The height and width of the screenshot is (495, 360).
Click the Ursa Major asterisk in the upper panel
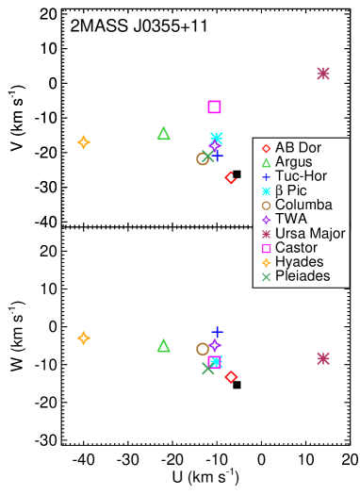[323, 74]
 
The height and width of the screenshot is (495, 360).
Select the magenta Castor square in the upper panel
[214, 107]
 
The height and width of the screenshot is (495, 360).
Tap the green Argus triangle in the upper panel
[163, 133]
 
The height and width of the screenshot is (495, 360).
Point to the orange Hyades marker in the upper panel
[84, 142]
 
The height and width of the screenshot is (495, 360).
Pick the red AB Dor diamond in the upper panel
[231, 177]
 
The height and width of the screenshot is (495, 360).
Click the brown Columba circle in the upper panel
[202, 158]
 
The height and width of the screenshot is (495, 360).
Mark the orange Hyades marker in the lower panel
[84, 338]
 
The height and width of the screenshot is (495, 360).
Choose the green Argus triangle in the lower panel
[163, 346]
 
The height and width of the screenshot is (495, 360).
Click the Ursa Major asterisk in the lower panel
[323, 358]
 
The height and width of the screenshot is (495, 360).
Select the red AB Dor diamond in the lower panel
[231, 377]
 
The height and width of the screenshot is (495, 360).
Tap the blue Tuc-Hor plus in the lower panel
[217, 332]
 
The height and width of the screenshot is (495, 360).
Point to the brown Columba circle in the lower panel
[202, 349]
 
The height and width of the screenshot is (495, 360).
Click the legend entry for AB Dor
[295, 148]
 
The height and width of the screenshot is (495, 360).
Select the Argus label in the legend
[293, 162]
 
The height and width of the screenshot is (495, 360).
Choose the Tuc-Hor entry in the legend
[297, 176]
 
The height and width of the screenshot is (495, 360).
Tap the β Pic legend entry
[291, 190]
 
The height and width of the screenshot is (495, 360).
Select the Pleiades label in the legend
[303, 276]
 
